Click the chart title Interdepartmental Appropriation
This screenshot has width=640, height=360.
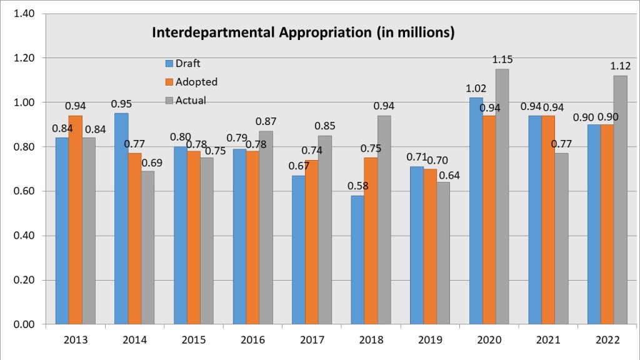coord(303,32)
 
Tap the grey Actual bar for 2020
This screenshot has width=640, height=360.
coord(501,197)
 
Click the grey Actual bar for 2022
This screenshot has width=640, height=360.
coord(620,200)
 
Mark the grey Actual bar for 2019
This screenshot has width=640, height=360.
coord(443,253)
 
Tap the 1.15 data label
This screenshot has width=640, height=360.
coord(502,59)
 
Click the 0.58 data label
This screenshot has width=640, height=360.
coord(358,186)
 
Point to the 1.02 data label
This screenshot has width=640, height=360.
coord(476,89)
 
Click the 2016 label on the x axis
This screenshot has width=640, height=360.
coord(252,340)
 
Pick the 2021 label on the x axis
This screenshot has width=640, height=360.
coord(548,340)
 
